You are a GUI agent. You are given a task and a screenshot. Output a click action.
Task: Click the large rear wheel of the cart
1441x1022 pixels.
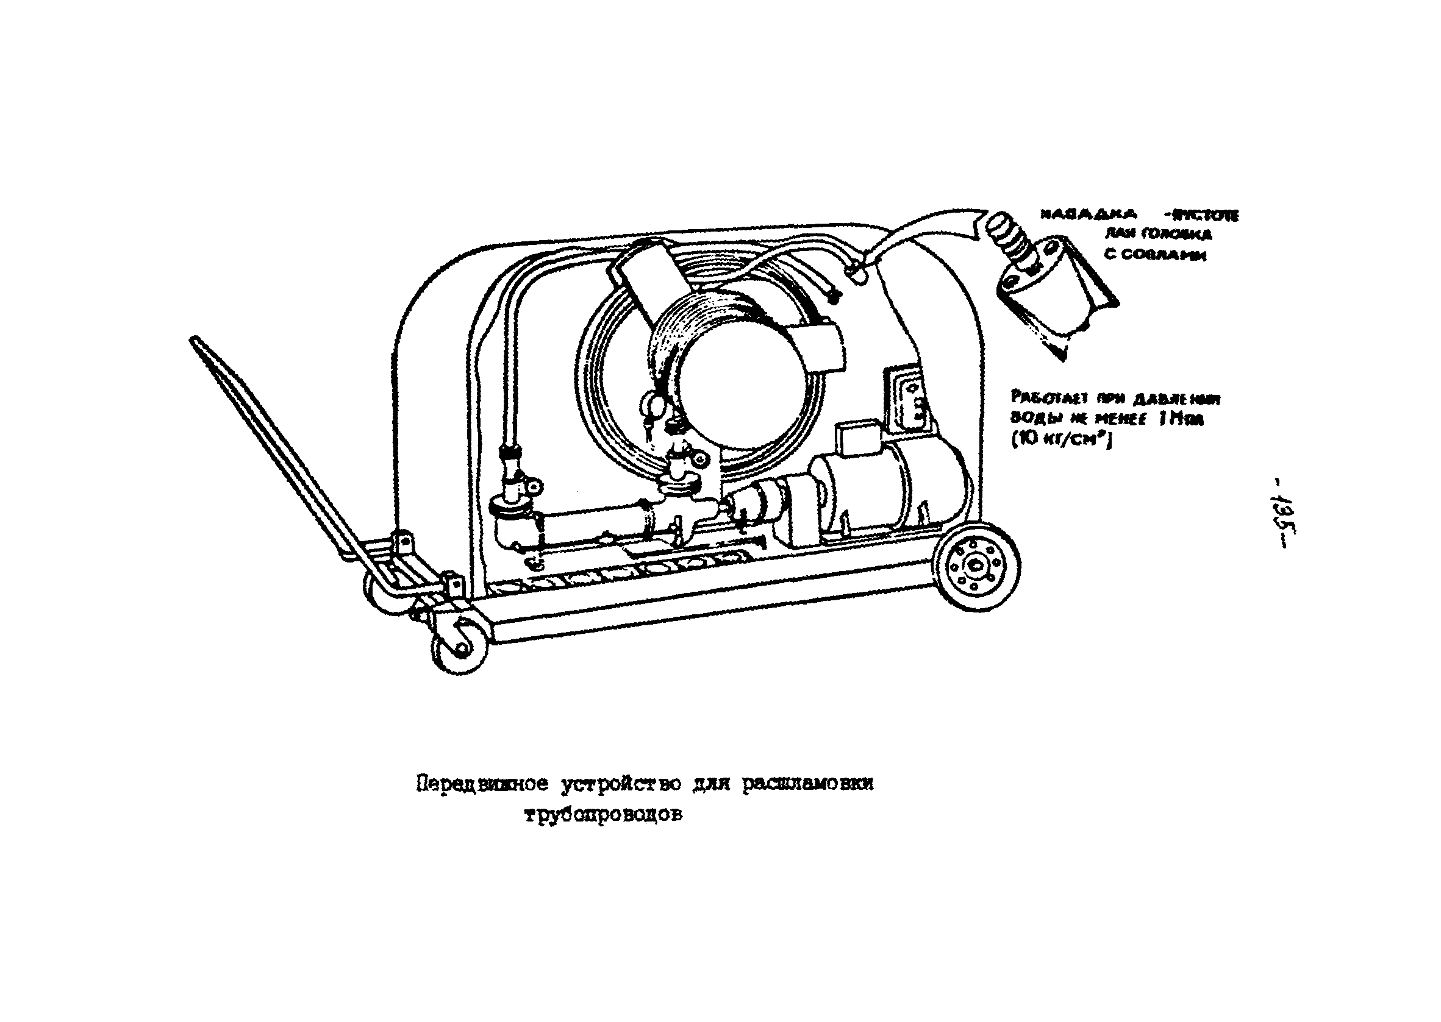click(976, 566)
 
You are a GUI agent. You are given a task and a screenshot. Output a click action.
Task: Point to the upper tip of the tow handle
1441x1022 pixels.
click(194, 341)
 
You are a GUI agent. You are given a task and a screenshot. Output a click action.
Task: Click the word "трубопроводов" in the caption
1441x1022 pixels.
click(603, 815)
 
